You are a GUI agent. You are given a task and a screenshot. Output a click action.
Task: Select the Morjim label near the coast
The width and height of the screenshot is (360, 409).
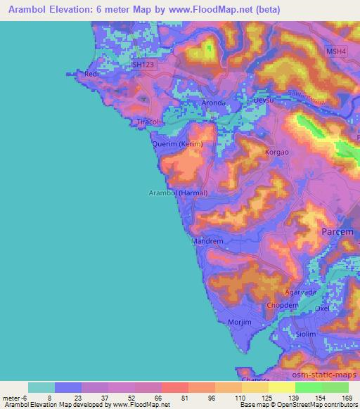point(240,322)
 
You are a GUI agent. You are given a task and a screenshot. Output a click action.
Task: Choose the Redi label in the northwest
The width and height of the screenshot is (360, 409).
point(89,73)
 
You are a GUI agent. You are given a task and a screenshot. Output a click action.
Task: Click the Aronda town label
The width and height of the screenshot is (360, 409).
point(213,103)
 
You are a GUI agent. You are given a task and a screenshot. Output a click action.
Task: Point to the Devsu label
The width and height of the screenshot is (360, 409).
point(261,102)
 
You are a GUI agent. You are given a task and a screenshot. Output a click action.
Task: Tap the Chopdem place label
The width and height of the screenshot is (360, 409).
point(280,306)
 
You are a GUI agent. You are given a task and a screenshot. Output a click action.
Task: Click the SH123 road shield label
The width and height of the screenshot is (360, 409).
point(143,64)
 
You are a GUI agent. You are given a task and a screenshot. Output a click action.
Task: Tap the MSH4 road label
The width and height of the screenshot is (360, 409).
point(337,51)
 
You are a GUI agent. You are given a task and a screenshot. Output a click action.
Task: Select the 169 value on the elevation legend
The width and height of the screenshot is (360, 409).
point(347,397)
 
